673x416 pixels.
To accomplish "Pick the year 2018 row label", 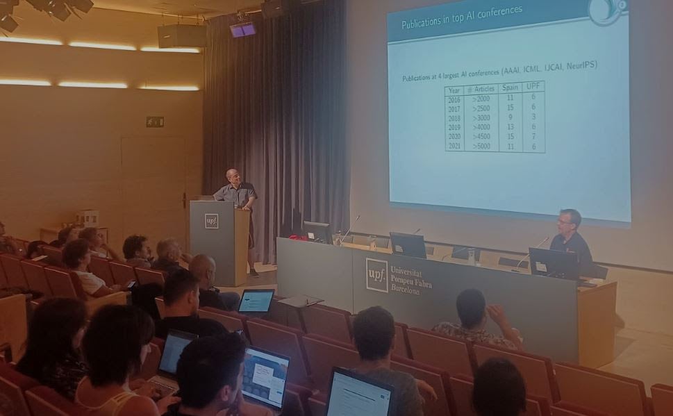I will (x=454, y=119).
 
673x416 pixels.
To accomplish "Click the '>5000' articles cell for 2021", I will (x=481, y=147).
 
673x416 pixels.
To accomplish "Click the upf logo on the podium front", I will (x=211, y=221).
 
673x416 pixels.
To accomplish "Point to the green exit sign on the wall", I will (x=155, y=122).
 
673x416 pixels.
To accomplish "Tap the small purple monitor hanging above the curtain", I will (x=242, y=29).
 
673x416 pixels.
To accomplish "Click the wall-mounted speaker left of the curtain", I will (x=181, y=36).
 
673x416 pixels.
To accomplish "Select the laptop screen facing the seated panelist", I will (x=551, y=263).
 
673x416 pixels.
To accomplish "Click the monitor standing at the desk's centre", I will (x=408, y=244).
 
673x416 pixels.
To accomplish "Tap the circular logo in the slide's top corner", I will (x=606, y=10).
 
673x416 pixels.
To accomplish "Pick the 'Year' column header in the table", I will (x=454, y=91).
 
